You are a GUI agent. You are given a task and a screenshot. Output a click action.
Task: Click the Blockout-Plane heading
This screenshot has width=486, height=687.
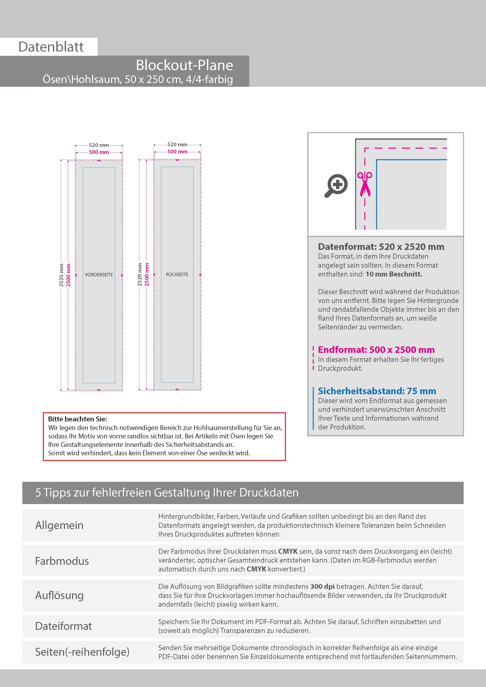184,65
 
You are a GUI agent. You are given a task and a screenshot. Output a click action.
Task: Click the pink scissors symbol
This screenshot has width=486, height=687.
365,184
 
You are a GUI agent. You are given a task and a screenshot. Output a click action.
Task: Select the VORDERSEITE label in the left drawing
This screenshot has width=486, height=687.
99,275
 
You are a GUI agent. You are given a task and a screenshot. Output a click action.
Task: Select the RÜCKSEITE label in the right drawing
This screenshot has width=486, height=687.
177,274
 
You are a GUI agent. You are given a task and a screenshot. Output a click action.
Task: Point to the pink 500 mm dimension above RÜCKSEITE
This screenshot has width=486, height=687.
177,152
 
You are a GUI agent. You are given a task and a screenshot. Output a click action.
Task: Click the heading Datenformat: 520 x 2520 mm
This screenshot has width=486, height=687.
381,247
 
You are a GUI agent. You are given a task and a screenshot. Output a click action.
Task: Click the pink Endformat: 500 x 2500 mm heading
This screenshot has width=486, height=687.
376,350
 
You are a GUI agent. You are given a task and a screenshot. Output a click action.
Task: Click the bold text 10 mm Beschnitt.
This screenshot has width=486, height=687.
394,274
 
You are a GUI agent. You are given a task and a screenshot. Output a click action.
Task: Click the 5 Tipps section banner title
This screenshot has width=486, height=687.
167,493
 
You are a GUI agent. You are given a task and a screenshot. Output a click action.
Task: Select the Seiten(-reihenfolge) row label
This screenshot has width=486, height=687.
82,652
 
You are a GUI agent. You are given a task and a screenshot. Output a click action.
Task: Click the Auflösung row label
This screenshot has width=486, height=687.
59,595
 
